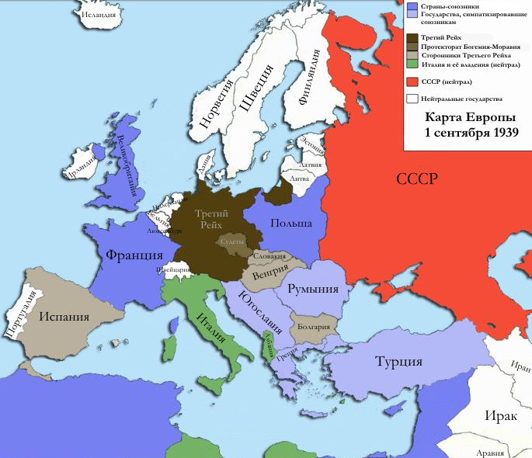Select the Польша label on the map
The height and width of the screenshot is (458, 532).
(x=291, y=224)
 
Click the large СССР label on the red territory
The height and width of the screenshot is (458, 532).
(x=417, y=179)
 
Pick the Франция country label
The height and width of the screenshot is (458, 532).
(x=134, y=254)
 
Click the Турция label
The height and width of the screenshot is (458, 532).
(x=398, y=361)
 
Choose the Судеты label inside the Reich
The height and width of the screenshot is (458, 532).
(x=233, y=241)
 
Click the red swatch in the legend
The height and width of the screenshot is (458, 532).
(x=412, y=82)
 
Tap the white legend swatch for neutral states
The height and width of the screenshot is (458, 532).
(x=412, y=99)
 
